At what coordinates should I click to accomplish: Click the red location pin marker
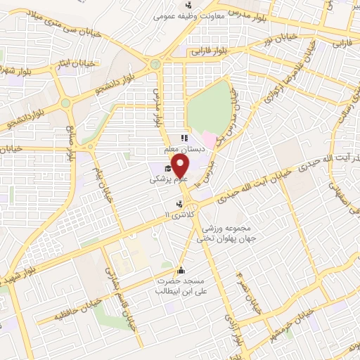181,165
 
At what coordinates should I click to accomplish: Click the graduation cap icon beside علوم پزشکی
167,168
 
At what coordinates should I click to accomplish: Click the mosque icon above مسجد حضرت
181,271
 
